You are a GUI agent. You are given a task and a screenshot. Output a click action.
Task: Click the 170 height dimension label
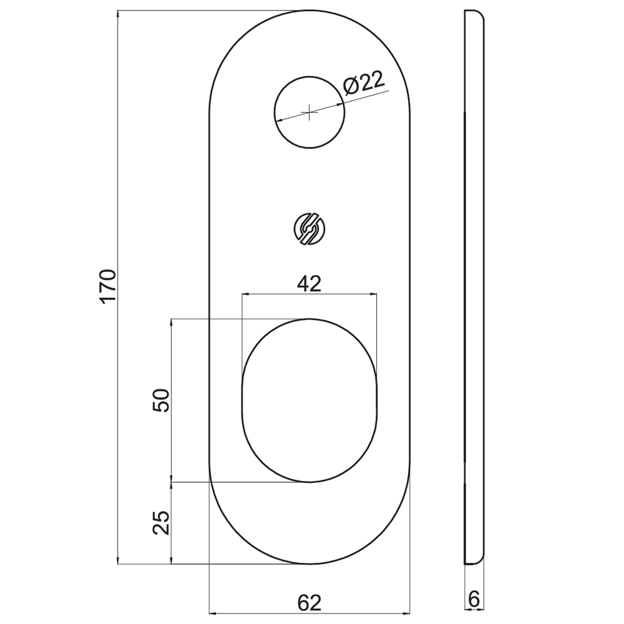(x=108, y=286)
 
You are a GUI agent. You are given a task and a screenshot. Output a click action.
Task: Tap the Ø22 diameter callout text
(x=364, y=83)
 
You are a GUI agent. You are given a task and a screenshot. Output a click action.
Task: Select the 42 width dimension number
(x=310, y=284)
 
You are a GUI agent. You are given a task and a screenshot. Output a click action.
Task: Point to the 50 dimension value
(x=161, y=401)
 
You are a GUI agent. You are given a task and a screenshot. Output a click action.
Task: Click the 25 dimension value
(x=161, y=522)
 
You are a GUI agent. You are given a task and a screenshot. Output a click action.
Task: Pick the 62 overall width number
(x=310, y=603)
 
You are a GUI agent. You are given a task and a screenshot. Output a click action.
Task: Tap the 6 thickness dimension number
(x=474, y=599)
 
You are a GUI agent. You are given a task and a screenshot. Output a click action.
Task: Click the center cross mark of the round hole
(x=310, y=112)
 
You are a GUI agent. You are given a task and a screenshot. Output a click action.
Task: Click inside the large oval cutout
(x=310, y=401)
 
